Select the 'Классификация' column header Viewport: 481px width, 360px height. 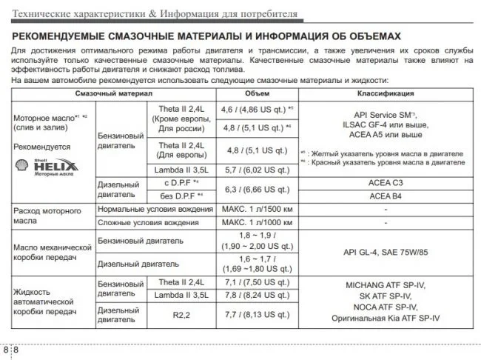click(x=386, y=94)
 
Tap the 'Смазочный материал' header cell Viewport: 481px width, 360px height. click(x=113, y=94)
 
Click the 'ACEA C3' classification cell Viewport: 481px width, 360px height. click(x=386, y=182)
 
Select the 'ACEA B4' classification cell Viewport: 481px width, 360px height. click(x=386, y=196)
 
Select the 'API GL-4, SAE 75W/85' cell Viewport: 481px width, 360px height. click(x=386, y=251)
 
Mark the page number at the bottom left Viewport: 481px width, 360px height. click(x=11, y=349)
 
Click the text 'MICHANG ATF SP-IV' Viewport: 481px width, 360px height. click(x=386, y=284)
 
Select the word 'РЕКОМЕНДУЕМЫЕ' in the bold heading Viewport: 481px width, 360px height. click(x=62, y=35)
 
